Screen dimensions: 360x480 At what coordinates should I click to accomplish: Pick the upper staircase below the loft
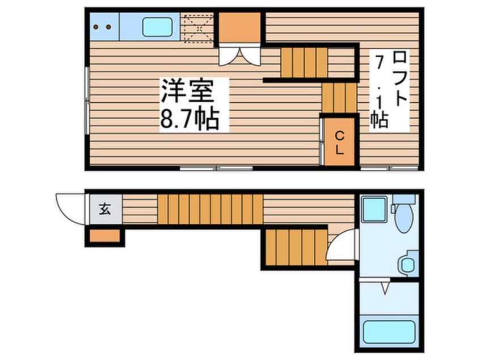click(x=304, y=62)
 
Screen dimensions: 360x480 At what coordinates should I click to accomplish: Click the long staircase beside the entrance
click(x=210, y=210)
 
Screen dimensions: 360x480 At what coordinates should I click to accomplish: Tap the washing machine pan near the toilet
click(x=374, y=209)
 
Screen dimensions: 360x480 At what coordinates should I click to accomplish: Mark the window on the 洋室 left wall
click(x=87, y=102)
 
